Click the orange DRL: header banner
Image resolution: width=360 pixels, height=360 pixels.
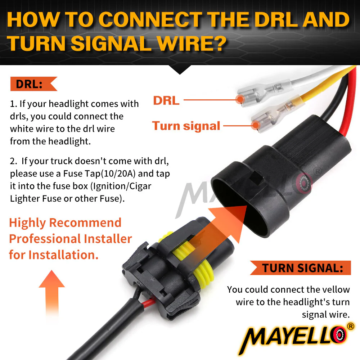[x=33, y=84]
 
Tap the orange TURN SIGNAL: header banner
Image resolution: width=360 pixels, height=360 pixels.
[x=301, y=268]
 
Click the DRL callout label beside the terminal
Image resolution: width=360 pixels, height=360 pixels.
[x=166, y=100]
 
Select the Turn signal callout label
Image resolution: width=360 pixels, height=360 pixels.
[x=186, y=126]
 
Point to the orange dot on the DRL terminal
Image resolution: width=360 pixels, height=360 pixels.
[x=240, y=99]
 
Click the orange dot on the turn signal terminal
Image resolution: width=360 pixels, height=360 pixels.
[x=255, y=125]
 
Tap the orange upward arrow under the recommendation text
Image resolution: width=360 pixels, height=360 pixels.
[x=52, y=293]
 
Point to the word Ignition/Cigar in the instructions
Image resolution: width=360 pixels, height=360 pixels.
[x=121, y=186]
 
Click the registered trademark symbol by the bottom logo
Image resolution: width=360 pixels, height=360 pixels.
[x=350, y=326]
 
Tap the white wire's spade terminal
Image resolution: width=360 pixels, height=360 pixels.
[x=264, y=93]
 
